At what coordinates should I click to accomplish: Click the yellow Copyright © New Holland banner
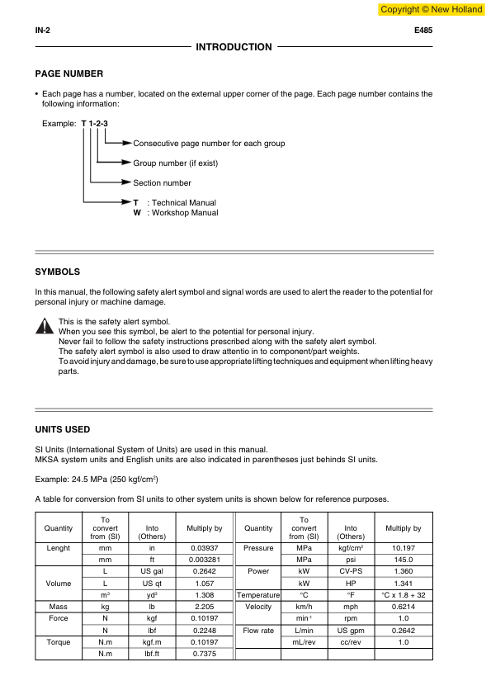click(431, 9)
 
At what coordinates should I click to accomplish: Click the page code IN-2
click(44, 31)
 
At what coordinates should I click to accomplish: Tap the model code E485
click(423, 31)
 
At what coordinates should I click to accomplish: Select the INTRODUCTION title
click(234, 47)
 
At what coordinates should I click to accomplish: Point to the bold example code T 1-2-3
click(95, 123)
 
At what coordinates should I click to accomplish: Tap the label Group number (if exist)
click(175, 163)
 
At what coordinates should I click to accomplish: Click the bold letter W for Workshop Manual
click(137, 212)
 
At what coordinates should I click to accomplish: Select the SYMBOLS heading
click(57, 272)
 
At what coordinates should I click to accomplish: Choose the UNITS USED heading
click(63, 429)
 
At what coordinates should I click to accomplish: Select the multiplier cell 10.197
click(403, 547)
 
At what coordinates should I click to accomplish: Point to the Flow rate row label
click(259, 630)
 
